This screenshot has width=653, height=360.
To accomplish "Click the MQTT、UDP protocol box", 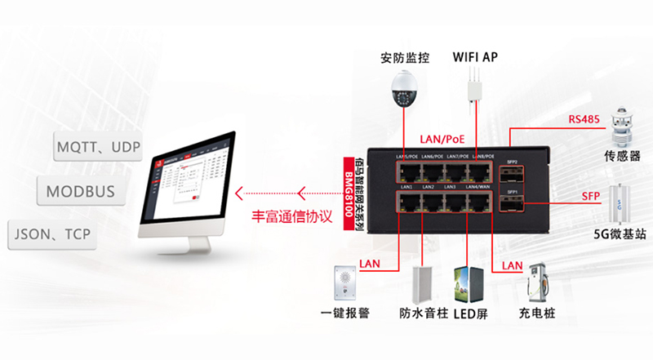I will click(96, 149).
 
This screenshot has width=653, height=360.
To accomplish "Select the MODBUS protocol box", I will click(81, 192).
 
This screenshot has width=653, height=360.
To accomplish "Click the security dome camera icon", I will click(403, 89).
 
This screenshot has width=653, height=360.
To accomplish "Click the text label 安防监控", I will click(402, 58).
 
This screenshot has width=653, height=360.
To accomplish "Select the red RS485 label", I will click(584, 120).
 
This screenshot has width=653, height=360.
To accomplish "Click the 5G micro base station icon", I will click(622, 206).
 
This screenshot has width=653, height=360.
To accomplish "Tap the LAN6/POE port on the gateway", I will click(431, 170).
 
